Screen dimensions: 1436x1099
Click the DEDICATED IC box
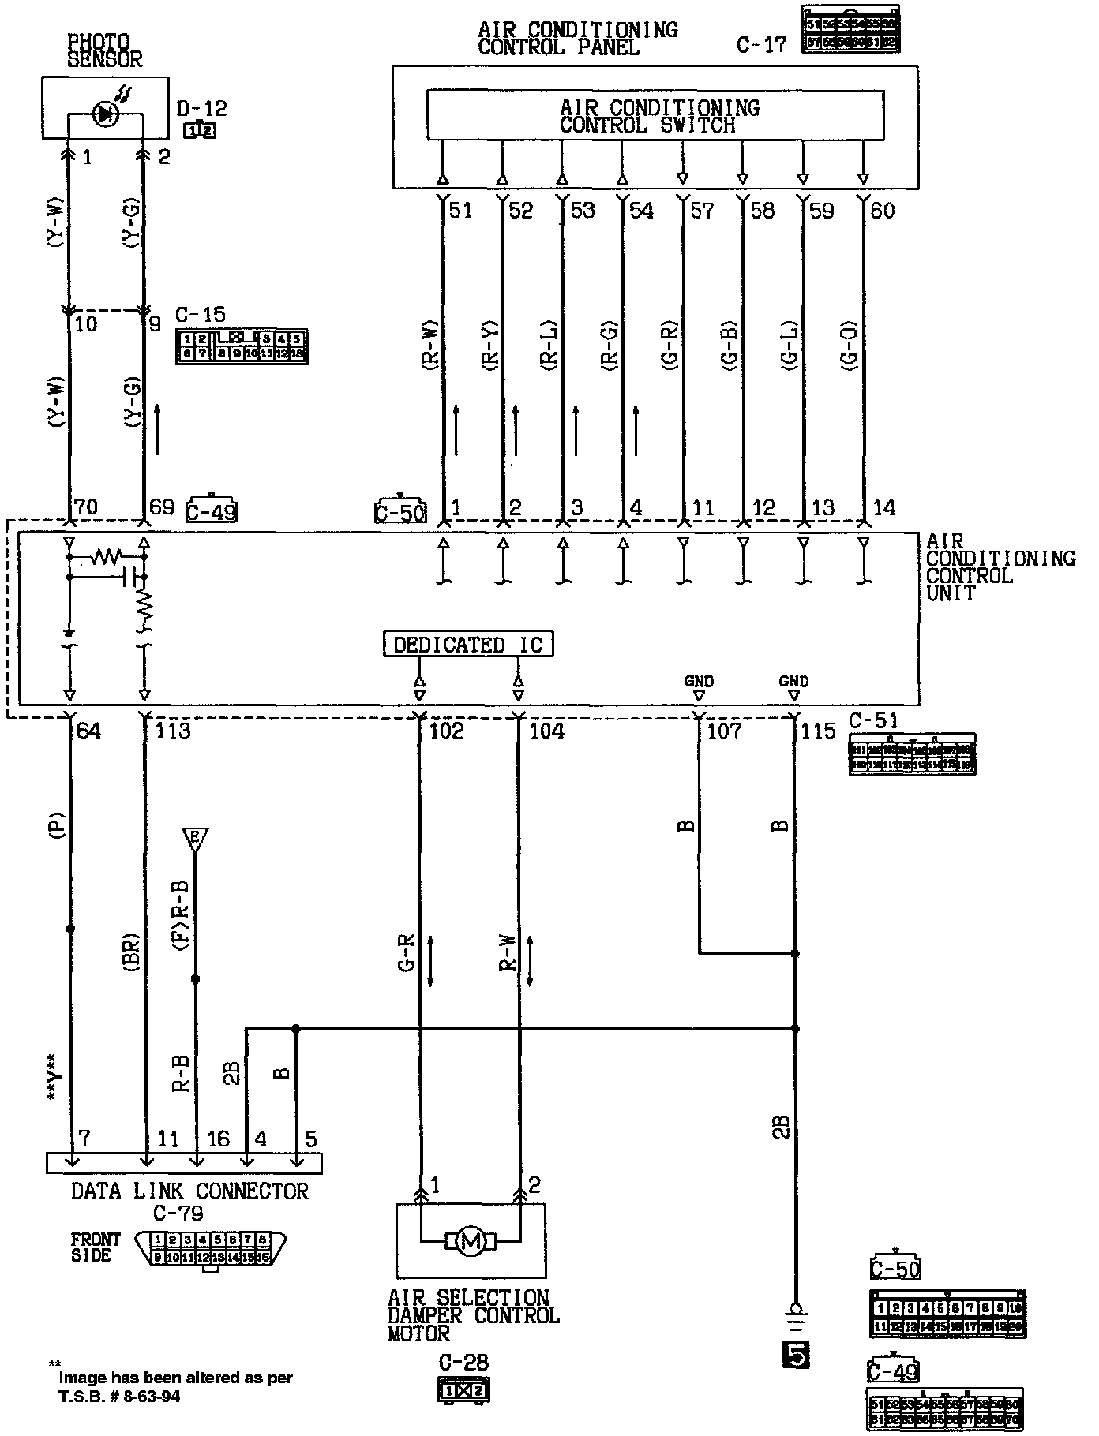tap(468, 645)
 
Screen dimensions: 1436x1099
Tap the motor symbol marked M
tap(471, 1242)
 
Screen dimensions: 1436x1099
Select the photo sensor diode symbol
tap(105, 115)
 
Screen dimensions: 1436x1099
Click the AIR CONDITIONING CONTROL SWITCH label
tap(658, 116)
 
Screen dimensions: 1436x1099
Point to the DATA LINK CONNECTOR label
tap(189, 1191)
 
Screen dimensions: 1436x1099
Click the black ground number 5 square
tap(795, 1355)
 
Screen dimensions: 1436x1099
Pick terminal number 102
tap(446, 731)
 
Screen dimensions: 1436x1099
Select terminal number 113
tap(173, 731)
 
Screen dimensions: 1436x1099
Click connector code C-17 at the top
tap(762, 44)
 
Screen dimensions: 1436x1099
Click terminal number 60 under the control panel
tap(882, 211)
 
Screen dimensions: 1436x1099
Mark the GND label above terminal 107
tap(699, 681)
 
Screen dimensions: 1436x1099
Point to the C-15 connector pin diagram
tap(241, 347)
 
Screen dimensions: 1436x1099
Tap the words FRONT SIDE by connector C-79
tap(96, 1247)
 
